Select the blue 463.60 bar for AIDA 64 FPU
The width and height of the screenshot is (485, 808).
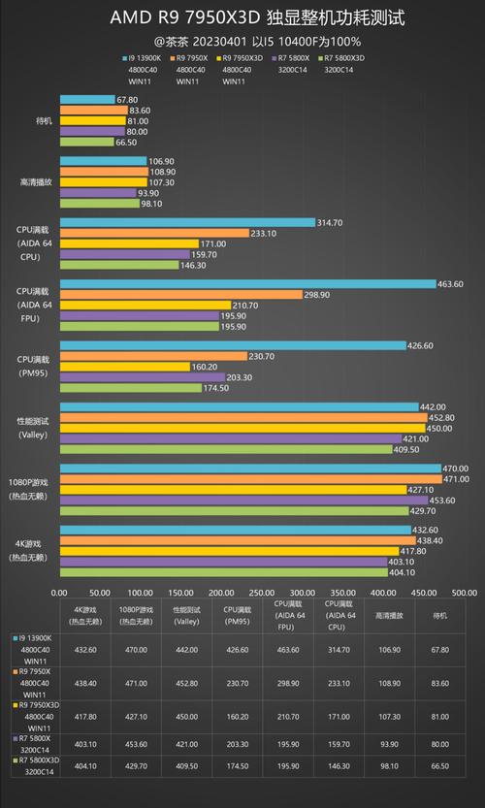pyautogui.click(x=247, y=283)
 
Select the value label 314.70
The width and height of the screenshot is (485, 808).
pyautogui.click(x=331, y=222)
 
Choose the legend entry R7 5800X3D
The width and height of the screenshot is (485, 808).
pyautogui.click(x=345, y=58)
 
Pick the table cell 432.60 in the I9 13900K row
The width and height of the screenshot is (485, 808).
pyautogui.click(x=85, y=650)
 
